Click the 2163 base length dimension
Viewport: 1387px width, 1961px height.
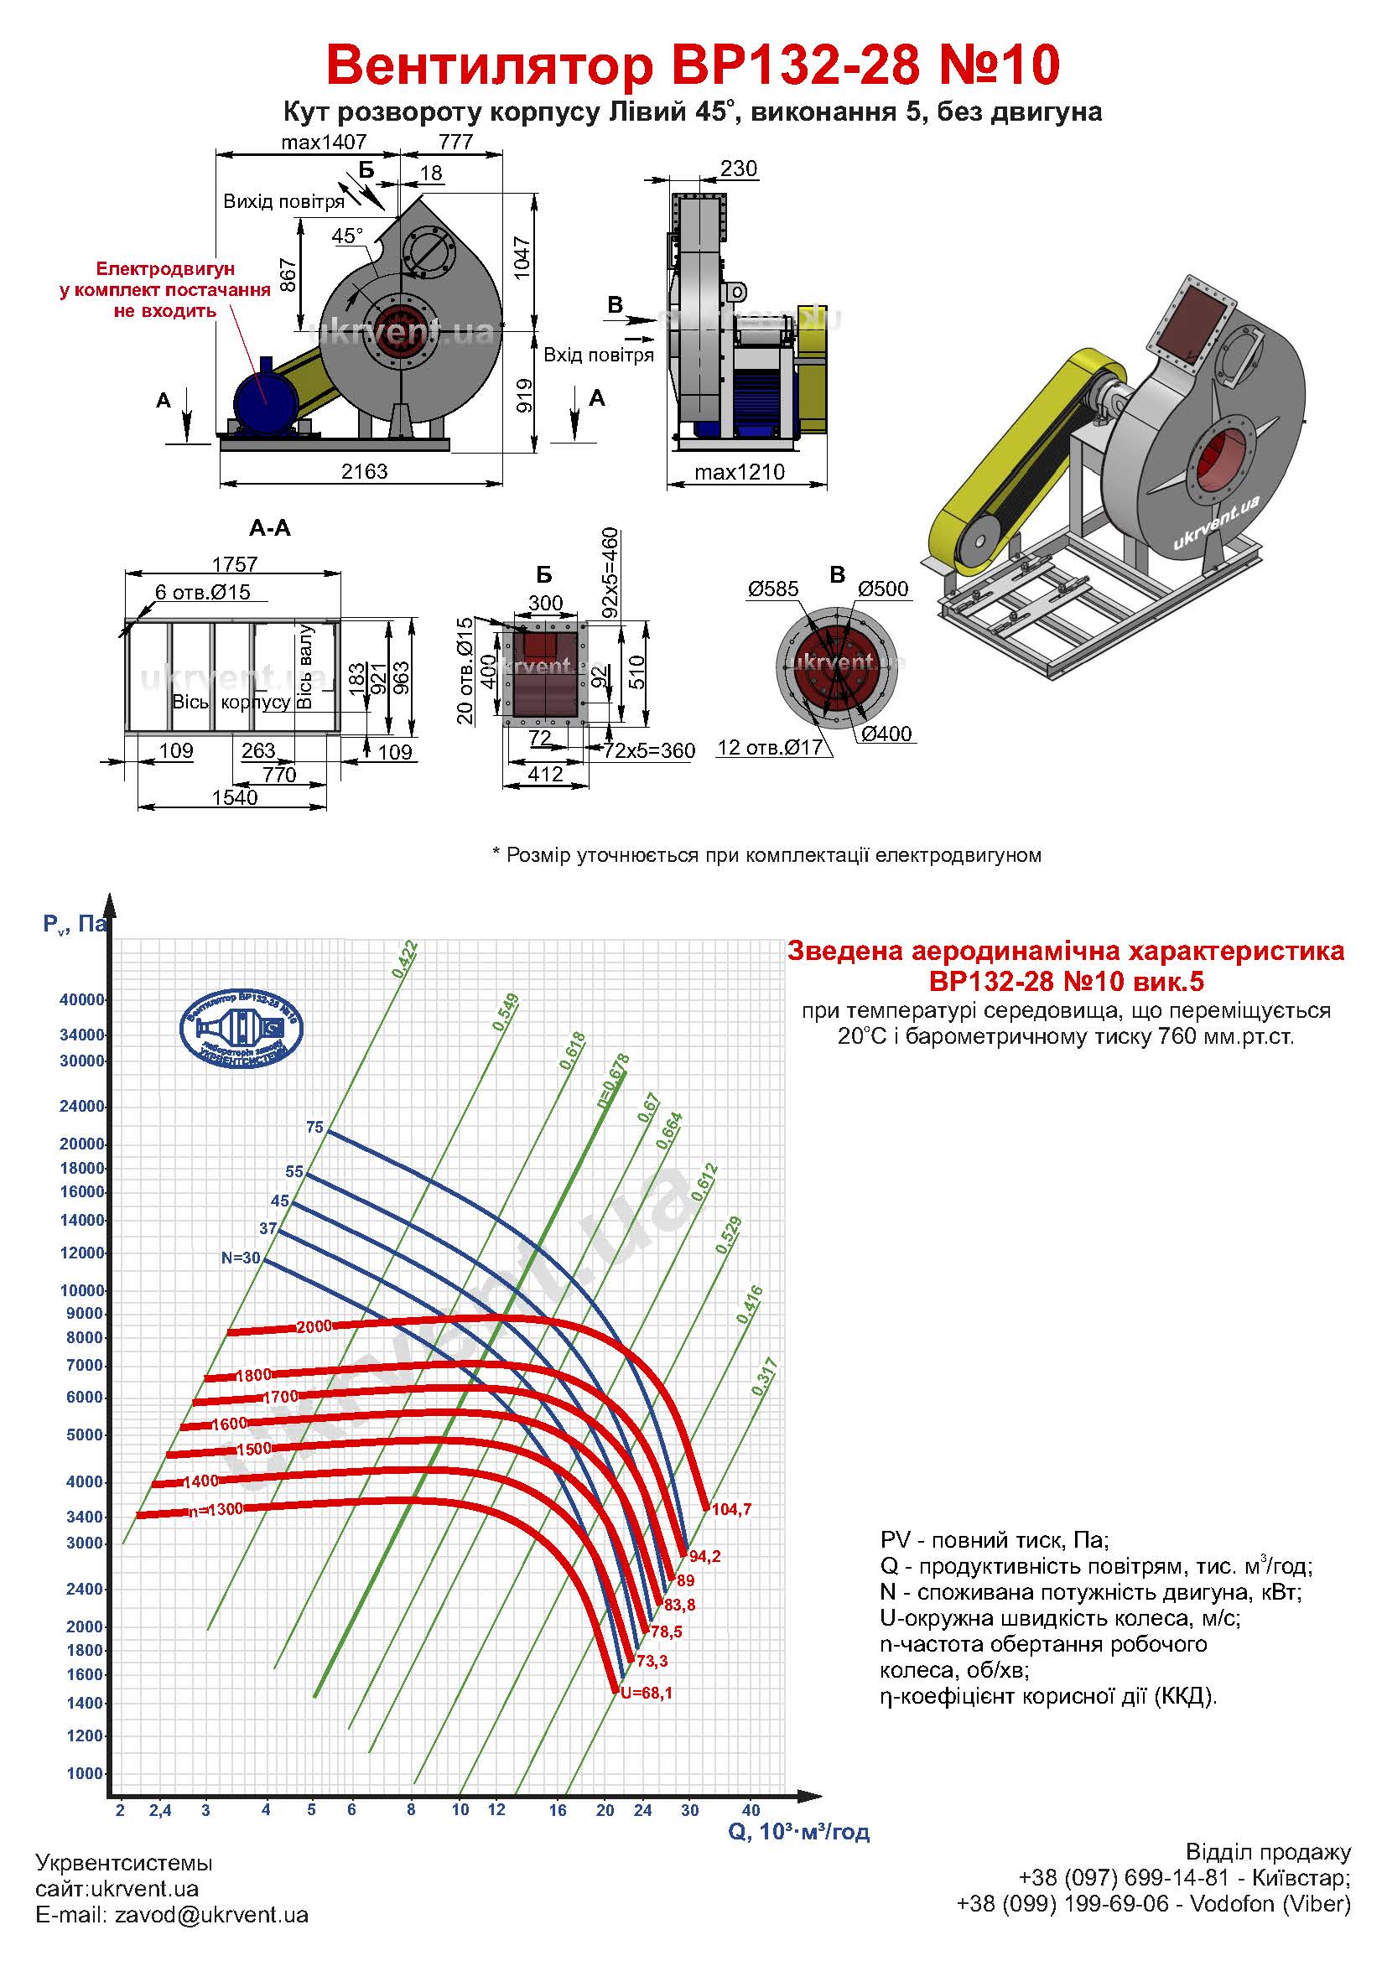365,471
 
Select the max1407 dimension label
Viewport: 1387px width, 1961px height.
324,142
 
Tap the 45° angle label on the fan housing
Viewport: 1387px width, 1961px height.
348,236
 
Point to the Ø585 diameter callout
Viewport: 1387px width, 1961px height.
773,589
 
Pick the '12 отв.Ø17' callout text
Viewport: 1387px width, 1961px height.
770,747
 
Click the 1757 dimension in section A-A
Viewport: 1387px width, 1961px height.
235,564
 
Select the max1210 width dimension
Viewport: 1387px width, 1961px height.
740,472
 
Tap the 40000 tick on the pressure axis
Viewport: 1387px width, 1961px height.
82,999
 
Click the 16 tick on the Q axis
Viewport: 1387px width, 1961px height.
558,1809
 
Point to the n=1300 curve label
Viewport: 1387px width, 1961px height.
216,1509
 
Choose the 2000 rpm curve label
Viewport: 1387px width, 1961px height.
314,1326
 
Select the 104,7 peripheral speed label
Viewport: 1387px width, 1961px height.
732,1509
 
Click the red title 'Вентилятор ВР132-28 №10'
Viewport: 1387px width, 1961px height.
693,65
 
